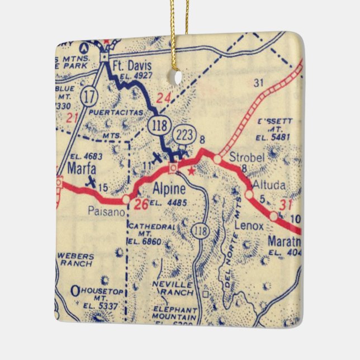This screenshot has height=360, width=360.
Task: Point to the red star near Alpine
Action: (x=192, y=171)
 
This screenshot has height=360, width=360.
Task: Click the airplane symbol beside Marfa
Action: (x=89, y=181)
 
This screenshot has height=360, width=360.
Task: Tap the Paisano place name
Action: (x=104, y=212)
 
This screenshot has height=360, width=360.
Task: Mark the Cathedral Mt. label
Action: (x=144, y=233)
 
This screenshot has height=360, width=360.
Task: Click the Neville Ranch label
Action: (x=172, y=288)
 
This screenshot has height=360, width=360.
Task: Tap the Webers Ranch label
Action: (x=77, y=259)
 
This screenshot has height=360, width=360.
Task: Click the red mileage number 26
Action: (x=140, y=205)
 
